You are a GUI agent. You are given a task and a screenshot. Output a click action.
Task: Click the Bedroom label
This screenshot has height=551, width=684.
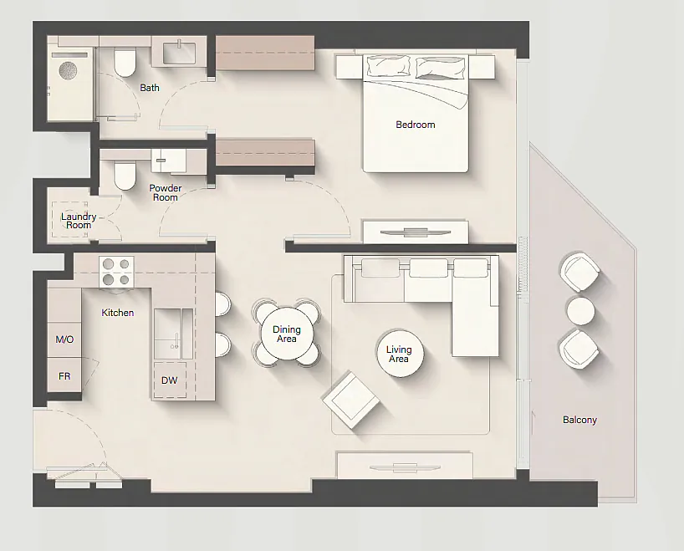pos(416,125)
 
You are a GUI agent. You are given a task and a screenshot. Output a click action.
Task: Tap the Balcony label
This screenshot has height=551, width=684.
pos(579,420)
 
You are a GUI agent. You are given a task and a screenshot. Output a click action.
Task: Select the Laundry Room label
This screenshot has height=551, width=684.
pos(79,221)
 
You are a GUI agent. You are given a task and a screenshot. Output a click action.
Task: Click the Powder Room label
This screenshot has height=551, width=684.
pos(166,192)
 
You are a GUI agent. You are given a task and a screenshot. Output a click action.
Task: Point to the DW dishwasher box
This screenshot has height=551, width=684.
pos(170,380)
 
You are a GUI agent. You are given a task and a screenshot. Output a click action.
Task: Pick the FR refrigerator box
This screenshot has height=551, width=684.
pos(64,375)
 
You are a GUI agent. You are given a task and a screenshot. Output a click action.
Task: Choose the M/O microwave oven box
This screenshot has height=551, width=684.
pos(64,339)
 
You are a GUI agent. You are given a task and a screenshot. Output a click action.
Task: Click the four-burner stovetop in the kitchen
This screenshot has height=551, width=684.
pos(116,272)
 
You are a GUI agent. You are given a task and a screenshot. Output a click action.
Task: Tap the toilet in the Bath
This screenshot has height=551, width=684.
pos(125,63)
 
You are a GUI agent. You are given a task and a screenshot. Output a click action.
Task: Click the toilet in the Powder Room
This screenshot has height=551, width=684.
pos(125,175)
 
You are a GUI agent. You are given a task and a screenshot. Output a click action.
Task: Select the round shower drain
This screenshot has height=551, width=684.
pos(68,69)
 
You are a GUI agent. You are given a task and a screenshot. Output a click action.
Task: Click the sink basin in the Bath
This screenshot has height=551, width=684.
pos(179,53)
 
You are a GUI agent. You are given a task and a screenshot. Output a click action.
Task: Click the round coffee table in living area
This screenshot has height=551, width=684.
pos(400,354)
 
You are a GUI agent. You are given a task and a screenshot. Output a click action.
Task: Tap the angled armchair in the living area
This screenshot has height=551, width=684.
pos(350,400)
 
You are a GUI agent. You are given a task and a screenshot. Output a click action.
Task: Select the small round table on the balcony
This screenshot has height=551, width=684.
pos(580,311)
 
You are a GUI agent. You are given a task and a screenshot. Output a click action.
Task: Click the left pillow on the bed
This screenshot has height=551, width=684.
pos(389,66)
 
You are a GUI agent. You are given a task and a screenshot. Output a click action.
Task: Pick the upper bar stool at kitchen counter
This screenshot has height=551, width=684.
pos(222,304)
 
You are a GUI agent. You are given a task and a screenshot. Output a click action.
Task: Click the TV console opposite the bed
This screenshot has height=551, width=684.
pos(416,232)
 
